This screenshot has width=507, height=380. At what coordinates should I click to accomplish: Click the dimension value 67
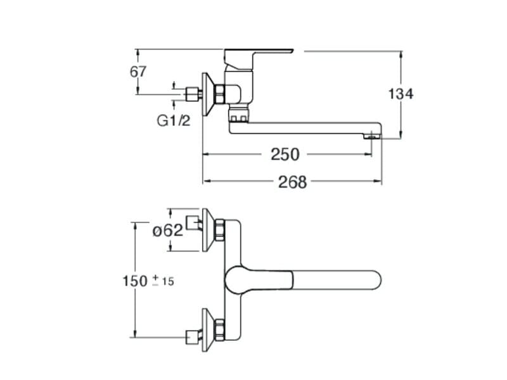coord(138,72)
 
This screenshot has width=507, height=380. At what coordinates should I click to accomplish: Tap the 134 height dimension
coord(401,94)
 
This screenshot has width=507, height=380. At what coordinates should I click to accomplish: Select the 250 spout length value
coord(285,154)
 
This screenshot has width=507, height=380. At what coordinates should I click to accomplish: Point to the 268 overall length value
coord(292,182)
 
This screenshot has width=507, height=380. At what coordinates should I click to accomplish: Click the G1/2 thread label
coord(173,120)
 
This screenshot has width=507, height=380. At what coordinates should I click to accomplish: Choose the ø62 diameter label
coord(168,230)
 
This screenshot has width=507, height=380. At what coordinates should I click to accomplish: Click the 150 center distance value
coord(134,280)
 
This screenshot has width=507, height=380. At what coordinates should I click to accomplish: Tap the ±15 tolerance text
coord(163,281)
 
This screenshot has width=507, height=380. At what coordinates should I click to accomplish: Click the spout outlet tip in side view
coord(373,135)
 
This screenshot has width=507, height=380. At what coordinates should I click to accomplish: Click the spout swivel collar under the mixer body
coord(238,116)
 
